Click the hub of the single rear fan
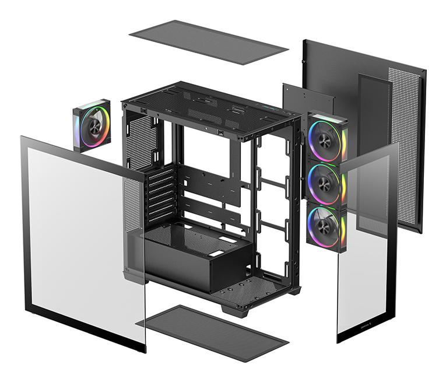click(93, 125)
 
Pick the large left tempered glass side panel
click(82, 239)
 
